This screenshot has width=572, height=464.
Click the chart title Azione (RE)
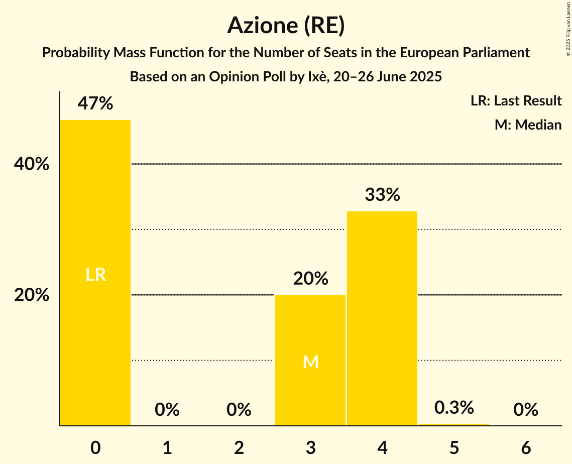tap(286, 25)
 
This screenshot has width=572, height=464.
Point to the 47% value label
tap(95, 103)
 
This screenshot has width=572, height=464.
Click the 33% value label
tap(382, 195)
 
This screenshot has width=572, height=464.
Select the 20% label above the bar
tap(310, 278)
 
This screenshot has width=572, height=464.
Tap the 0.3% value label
tap(454, 408)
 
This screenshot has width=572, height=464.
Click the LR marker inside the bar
tap(95, 275)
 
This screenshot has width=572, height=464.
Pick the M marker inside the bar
tap(310, 362)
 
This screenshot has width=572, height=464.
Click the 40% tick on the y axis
tap(32, 164)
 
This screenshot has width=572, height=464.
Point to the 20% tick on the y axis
tap(32, 295)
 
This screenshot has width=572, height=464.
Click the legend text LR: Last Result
tap(516, 101)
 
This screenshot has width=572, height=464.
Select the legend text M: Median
tap(528, 125)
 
